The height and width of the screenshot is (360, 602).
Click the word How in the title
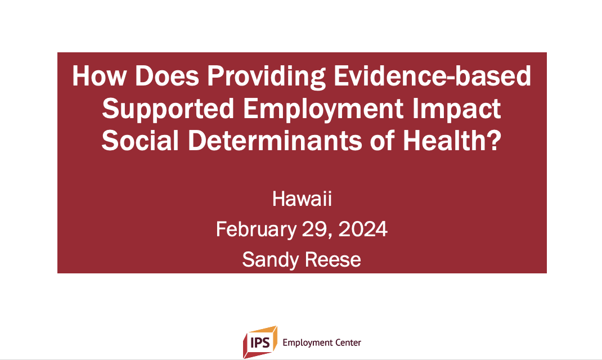pyautogui.click(x=99, y=75)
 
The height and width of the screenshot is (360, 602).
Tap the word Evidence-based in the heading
pyautogui.click(x=432, y=75)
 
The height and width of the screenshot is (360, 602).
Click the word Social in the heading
pyautogui.click(x=140, y=140)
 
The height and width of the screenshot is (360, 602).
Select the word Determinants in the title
pyautogui.click(x=275, y=140)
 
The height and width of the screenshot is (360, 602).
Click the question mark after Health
pyautogui.click(x=496, y=140)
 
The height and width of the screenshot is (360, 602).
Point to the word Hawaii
pyautogui.click(x=302, y=199)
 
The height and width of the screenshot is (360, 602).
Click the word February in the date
pyautogui.click(x=256, y=230)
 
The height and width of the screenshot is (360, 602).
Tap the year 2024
pyautogui.click(x=363, y=229)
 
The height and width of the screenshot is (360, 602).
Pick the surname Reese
pyautogui.click(x=333, y=260)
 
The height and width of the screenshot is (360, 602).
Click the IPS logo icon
pyautogui.click(x=260, y=342)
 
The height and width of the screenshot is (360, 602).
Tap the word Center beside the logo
pyautogui.click(x=348, y=343)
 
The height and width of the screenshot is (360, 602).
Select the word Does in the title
pyautogui.click(x=167, y=75)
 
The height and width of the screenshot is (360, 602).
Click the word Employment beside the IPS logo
pyautogui.click(x=308, y=343)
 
